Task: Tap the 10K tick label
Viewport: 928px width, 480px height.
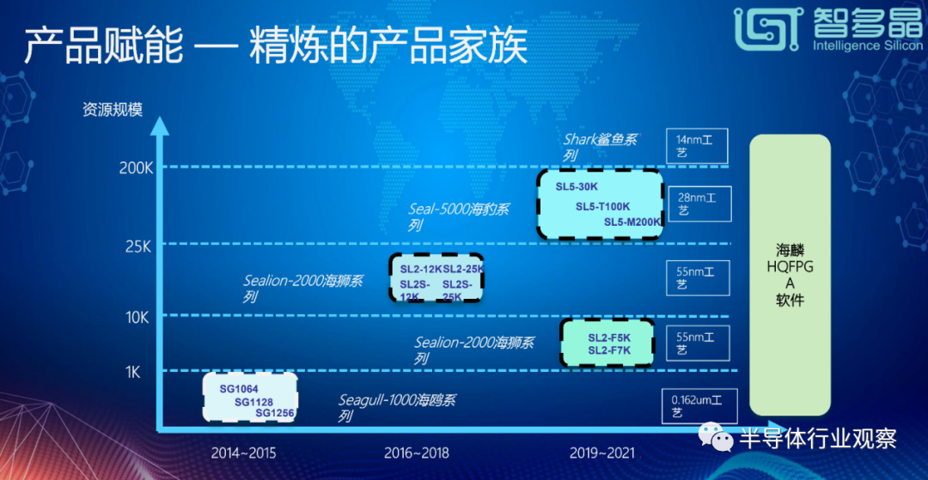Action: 137,318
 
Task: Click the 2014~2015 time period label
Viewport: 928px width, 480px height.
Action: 243,453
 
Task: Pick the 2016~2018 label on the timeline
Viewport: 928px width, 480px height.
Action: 416,453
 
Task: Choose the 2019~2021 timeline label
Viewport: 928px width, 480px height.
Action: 601,453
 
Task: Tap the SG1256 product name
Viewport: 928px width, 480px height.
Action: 275,413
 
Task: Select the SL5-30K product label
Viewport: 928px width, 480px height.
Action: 577,187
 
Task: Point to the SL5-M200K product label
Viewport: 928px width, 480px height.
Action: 632,222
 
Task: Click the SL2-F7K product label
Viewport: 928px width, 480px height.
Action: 609,350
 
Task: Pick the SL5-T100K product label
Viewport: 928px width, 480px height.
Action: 603,206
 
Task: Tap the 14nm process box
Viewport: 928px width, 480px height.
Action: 697,146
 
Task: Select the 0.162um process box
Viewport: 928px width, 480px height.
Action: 700,405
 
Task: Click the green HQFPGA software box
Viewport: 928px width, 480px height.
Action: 791,275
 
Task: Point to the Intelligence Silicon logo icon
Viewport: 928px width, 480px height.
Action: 766,27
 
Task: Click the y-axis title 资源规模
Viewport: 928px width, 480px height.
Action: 113,110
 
